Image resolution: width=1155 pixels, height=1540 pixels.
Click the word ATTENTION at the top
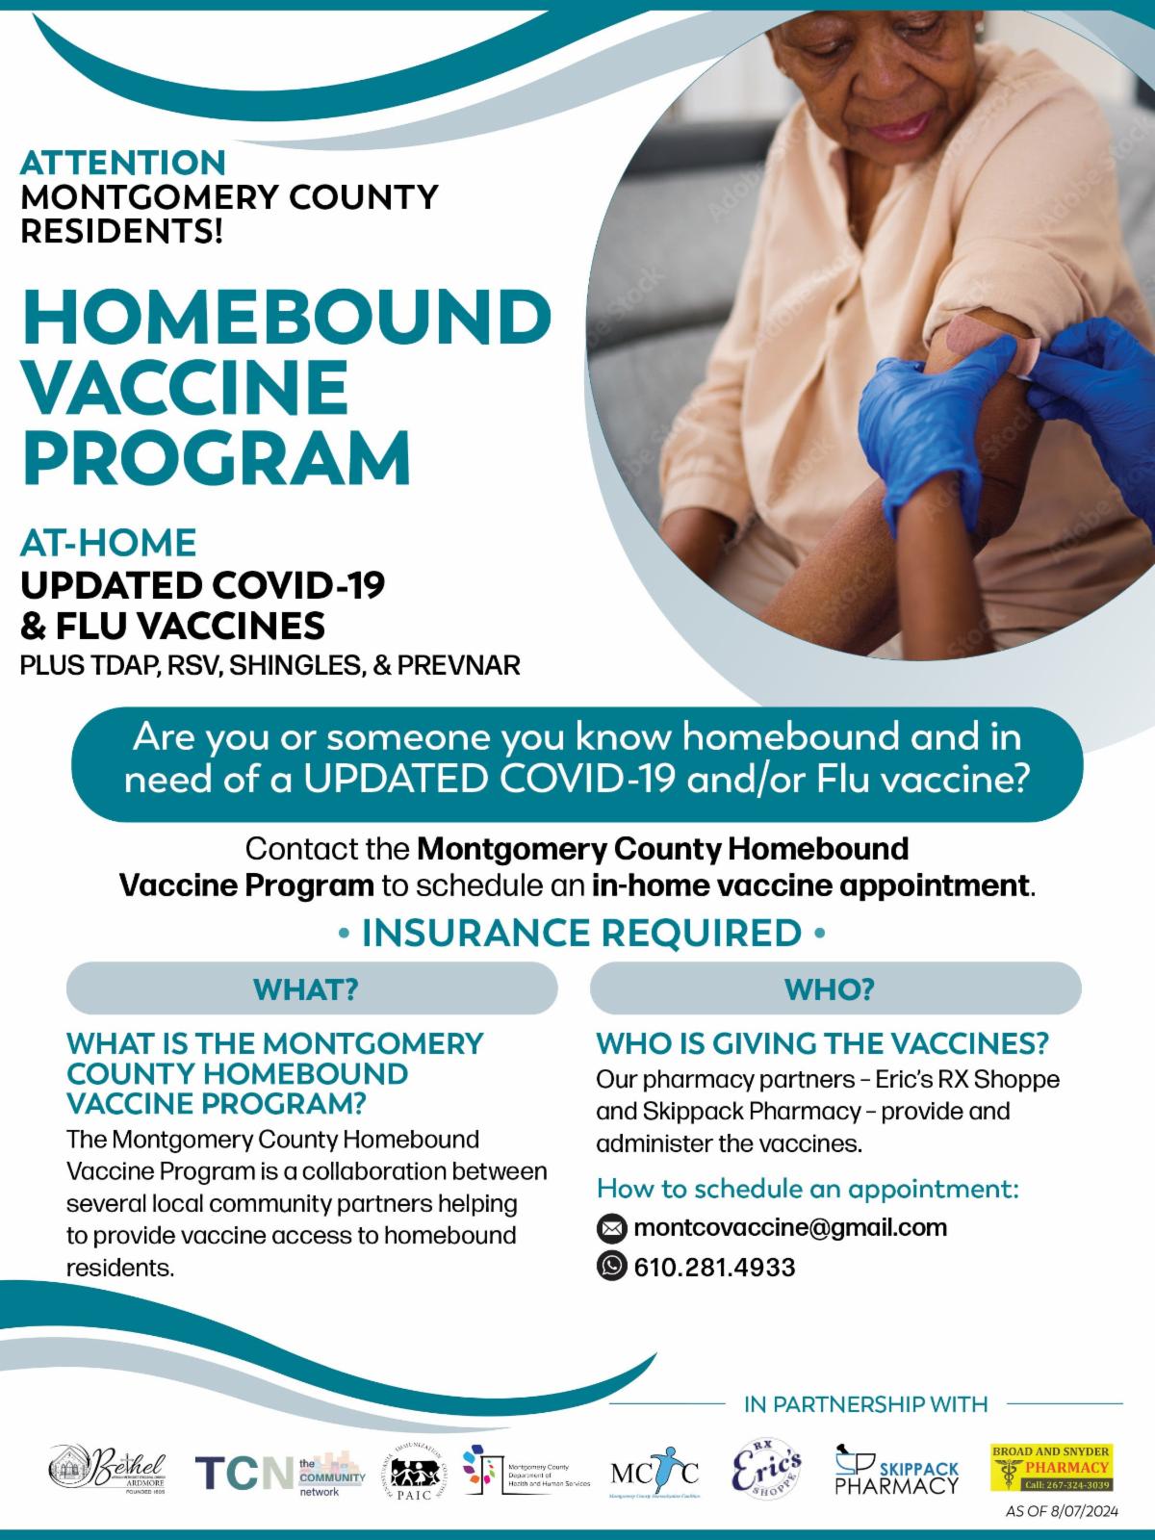123,162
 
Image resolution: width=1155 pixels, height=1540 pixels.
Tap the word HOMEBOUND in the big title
287,316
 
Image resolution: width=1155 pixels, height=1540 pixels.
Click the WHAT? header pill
311,988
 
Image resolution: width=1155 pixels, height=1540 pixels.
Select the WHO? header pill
834,988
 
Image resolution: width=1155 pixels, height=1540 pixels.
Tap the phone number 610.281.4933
714,1267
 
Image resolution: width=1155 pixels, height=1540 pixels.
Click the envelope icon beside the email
611,1228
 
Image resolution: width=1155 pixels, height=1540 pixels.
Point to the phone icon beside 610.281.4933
611,1266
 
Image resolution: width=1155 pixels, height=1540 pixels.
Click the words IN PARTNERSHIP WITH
865,1404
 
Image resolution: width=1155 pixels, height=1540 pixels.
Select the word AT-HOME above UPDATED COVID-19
108,543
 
